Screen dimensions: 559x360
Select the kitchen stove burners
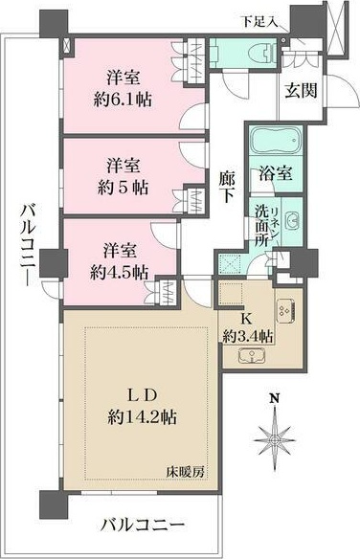pyautogui.click(x=284, y=309)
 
